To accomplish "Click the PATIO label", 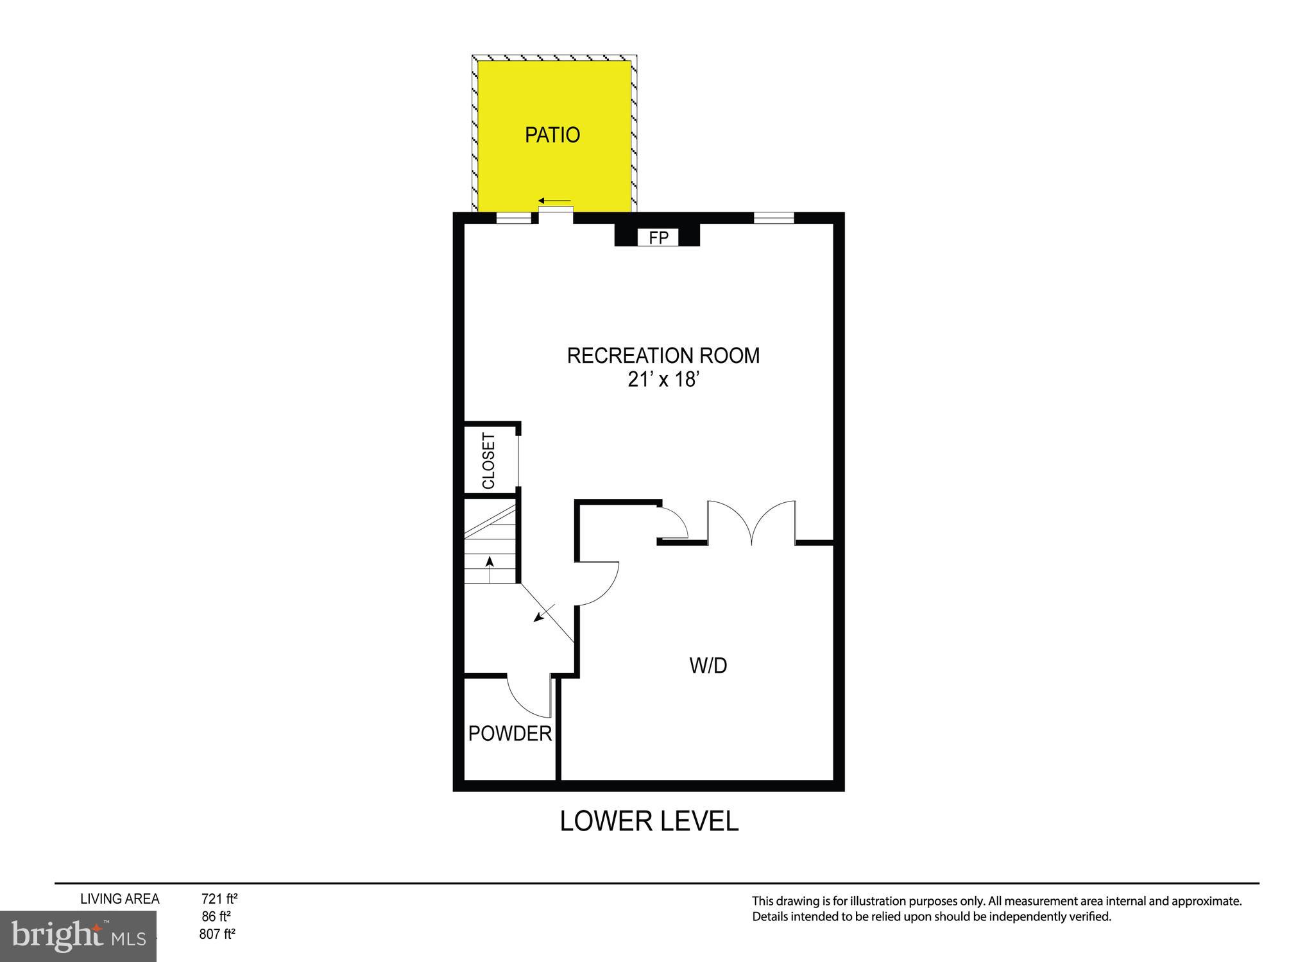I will coord(552,135).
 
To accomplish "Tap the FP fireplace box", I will coord(658,238).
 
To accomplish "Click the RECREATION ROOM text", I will coord(663,355).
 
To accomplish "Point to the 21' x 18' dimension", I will coord(662,380).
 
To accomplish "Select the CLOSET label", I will coord(488,460).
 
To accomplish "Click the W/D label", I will coord(708,666).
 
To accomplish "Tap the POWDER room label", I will coord(509,733).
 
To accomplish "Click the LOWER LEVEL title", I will coord(649,822).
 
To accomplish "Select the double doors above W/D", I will coord(751,523).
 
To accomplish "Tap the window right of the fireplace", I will coord(773,218).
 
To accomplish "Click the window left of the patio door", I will coord(514,218).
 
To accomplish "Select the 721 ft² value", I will coord(219,899).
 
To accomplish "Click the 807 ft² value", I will coord(217,934).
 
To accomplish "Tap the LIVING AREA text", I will coord(119,899).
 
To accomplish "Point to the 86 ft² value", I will coord(216,916).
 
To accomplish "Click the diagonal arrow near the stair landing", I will coord(543,614).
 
